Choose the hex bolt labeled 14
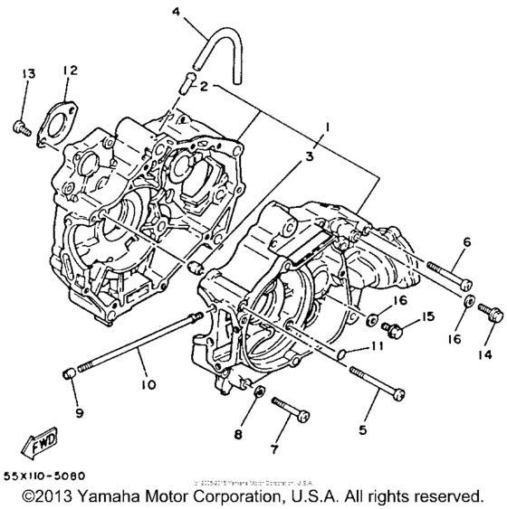tap(492, 314)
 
